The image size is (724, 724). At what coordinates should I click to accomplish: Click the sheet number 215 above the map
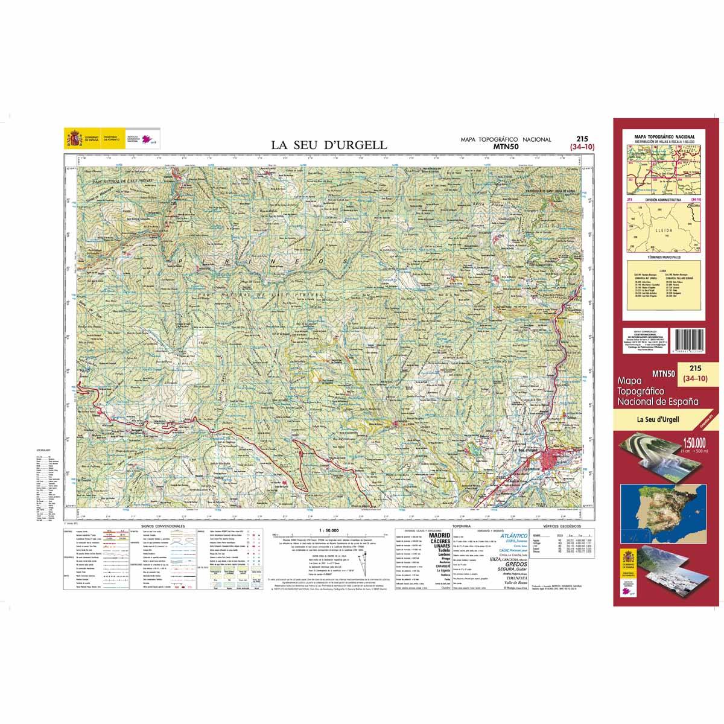(582, 138)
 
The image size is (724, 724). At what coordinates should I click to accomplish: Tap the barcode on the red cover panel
(692, 343)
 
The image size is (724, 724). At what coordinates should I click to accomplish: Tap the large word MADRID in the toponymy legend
(439, 535)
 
